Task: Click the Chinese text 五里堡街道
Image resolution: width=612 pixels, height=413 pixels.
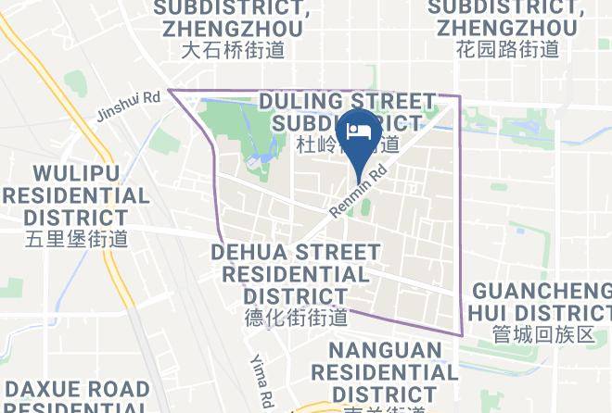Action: point(77,239)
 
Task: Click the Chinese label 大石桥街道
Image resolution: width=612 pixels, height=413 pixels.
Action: point(231,50)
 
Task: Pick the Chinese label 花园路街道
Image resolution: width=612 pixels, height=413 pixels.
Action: point(507,50)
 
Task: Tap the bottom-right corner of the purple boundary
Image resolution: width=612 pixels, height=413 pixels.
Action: point(461,334)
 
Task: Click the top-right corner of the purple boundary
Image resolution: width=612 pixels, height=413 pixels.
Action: point(458,95)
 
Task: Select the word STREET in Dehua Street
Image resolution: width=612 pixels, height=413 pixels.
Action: point(338,252)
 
